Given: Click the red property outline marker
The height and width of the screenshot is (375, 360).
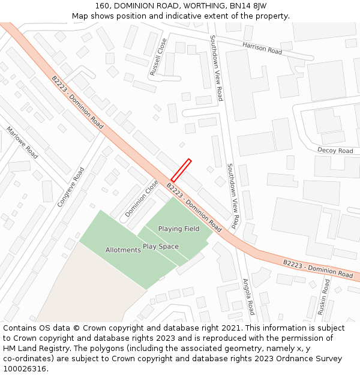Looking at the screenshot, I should pos(181,170).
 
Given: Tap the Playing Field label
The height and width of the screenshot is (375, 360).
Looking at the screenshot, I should pos(179,229).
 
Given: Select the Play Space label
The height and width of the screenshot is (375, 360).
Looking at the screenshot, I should pos(161,247).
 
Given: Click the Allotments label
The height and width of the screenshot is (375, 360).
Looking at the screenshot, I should pos(123,250).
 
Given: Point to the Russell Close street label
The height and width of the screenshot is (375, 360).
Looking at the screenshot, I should pos(158,58).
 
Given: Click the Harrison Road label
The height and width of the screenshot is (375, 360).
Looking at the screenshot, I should pos(262,48).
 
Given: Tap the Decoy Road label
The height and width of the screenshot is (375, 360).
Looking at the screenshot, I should pos(335,151).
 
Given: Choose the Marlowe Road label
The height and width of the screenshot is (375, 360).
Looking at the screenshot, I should pos(22,142).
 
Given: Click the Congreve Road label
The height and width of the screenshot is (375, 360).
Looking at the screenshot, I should pos(71,187).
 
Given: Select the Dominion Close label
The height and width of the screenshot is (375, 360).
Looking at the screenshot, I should pos(142,199).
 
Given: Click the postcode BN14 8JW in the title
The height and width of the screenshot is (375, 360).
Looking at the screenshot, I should pos(249,5).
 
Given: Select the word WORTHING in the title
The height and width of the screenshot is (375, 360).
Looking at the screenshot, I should pos(197,5).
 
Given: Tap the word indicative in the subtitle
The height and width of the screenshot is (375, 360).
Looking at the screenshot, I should pos(173,16).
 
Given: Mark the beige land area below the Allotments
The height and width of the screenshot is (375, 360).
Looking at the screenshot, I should pos(90,288).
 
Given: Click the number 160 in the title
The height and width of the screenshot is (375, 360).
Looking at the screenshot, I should pos(103,5).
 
